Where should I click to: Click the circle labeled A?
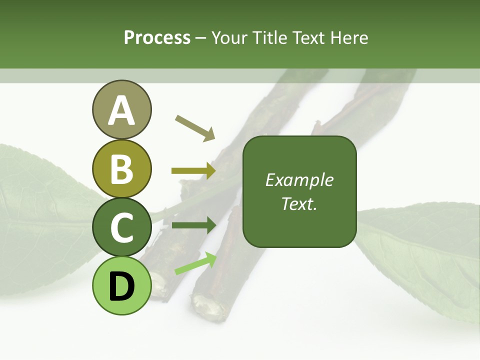click(121, 109)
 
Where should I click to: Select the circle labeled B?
click(121, 168)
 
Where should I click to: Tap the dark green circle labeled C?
click(121, 227)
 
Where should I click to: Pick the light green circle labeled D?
click(121, 285)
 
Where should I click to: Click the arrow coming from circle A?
click(195, 127)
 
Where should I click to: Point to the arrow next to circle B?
click(193, 171)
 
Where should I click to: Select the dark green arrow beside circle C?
click(193, 225)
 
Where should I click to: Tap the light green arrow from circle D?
click(195, 263)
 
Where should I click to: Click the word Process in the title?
click(157, 37)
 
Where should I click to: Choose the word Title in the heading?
click(269, 37)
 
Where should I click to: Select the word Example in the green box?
click(299, 180)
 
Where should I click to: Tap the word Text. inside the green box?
click(299, 204)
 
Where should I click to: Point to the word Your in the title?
click(229, 37)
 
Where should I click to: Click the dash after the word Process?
click(201, 38)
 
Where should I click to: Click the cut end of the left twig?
click(159, 287)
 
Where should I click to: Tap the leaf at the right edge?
click(425, 255)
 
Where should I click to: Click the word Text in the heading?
click(309, 37)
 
